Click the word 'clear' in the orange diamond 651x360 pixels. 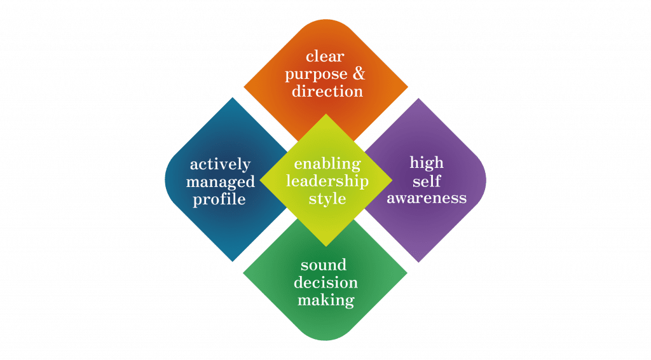[325, 57]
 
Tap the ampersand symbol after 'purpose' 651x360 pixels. [359, 74]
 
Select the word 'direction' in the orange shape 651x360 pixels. [327, 91]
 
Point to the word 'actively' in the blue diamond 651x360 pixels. [220, 165]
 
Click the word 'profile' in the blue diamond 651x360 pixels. [221, 199]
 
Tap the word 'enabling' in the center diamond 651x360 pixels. [327, 164]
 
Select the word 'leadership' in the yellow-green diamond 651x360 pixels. [327, 181]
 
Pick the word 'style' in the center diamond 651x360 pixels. [327, 199]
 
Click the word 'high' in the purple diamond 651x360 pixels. [427, 163]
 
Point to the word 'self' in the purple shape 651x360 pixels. [427, 180]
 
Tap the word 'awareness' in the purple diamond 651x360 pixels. [427, 198]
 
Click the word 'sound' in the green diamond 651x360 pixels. [324, 265]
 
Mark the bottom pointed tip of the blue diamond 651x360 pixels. [233, 260]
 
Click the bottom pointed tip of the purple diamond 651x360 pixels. [418, 261]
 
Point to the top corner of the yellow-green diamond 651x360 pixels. [326, 114]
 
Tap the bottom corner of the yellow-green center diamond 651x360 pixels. [326, 246]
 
